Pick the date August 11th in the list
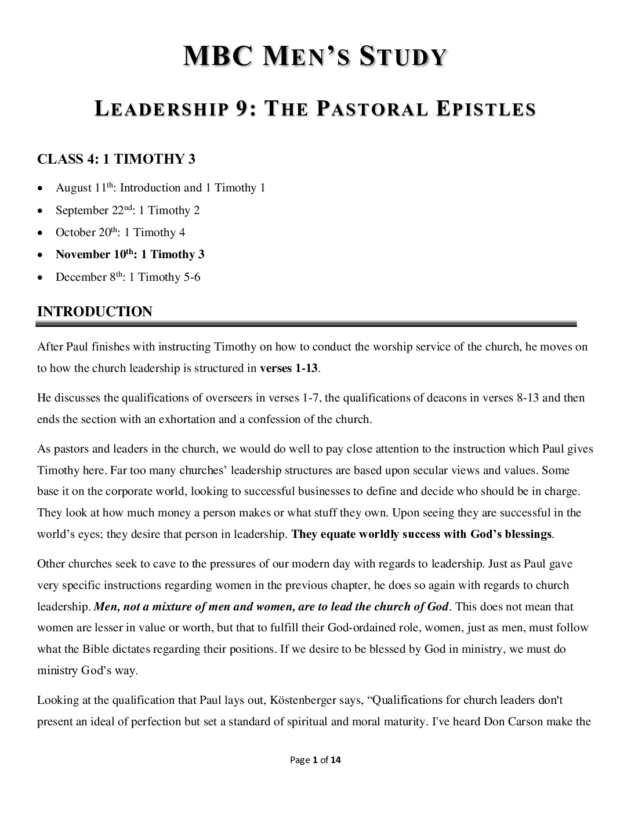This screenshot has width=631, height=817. [86, 187]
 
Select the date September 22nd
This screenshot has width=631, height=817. [95, 210]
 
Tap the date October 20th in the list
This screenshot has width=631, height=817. [88, 232]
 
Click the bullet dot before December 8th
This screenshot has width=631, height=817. [39, 277]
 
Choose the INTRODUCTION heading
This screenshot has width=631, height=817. [95, 312]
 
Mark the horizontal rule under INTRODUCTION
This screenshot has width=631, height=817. [307, 324]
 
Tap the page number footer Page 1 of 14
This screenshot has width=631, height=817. [315, 760]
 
